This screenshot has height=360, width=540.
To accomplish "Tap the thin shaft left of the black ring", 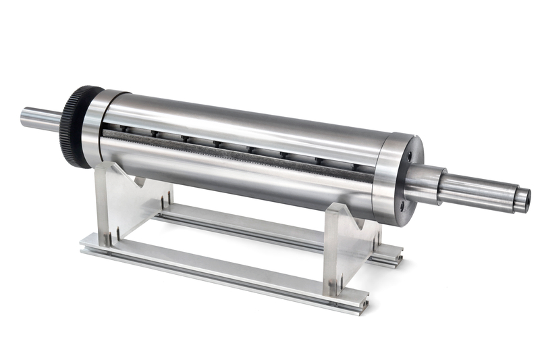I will click(40, 119).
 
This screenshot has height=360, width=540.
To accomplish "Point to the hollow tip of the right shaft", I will click(522, 201).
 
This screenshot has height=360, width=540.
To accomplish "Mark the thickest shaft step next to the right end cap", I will click(424, 183).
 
